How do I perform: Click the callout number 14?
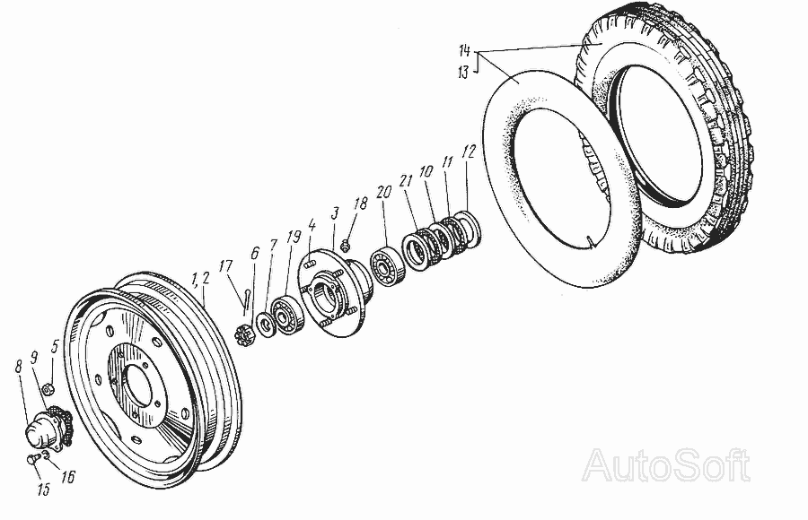coord(461,48)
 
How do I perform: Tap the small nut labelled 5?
coord(52,390)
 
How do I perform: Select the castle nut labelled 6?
coord(242,338)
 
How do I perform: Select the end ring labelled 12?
coord(470,228)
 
